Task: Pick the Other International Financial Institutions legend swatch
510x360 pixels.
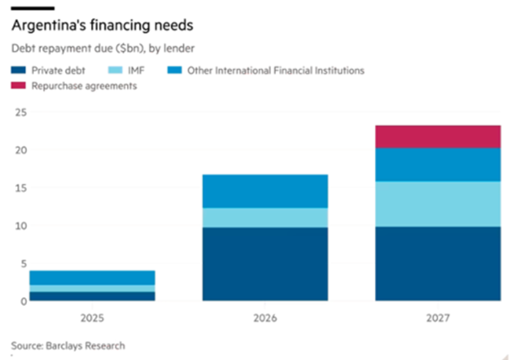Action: [177, 71]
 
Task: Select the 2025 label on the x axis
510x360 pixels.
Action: [92, 318]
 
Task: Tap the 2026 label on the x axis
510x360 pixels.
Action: [264, 318]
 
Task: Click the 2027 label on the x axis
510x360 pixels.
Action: [437, 318]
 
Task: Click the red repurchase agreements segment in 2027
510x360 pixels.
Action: [437, 136]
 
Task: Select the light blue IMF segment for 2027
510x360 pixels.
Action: [437, 204]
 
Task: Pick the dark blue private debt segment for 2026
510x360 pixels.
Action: [264, 264]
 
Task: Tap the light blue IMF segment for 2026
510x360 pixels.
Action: [264, 217]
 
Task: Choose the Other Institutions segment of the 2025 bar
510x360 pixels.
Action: [92, 278]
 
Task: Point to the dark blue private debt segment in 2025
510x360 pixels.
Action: [92, 296]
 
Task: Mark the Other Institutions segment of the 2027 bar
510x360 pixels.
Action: [437, 165]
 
